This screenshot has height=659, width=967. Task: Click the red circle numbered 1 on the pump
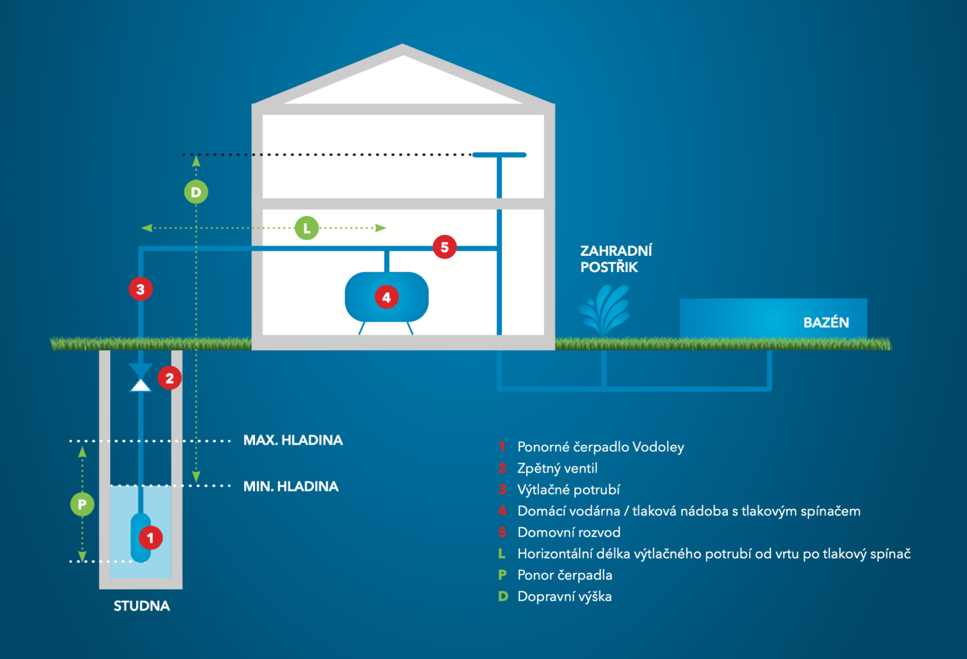[150, 538]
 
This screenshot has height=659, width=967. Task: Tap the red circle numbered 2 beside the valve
[169, 378]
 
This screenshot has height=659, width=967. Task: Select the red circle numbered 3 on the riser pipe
[140, 289]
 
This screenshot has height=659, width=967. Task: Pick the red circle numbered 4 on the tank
[387, 297]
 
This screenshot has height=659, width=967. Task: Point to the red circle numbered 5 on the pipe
[444, 247]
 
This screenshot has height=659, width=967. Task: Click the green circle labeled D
[196, 192]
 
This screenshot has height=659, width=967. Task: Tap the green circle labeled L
[307, 228]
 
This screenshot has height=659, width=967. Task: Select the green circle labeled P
[82, 504]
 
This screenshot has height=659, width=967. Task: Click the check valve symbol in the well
[140, 377]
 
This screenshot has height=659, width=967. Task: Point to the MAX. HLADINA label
[293, 440]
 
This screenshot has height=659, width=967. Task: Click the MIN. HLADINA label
[291, 486]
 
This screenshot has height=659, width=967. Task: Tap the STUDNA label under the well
[142, 606]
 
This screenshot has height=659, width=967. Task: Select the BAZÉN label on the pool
[826, 323]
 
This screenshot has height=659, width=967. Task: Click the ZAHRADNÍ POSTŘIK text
[615, 259]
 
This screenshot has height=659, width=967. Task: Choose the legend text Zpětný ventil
[557, 468]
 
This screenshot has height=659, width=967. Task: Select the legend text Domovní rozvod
[568, 532]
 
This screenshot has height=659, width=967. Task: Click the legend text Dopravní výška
[564, 597]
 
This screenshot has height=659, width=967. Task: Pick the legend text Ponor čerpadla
[565, 575]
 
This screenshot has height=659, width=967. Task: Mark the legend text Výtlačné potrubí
[568, 490]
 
